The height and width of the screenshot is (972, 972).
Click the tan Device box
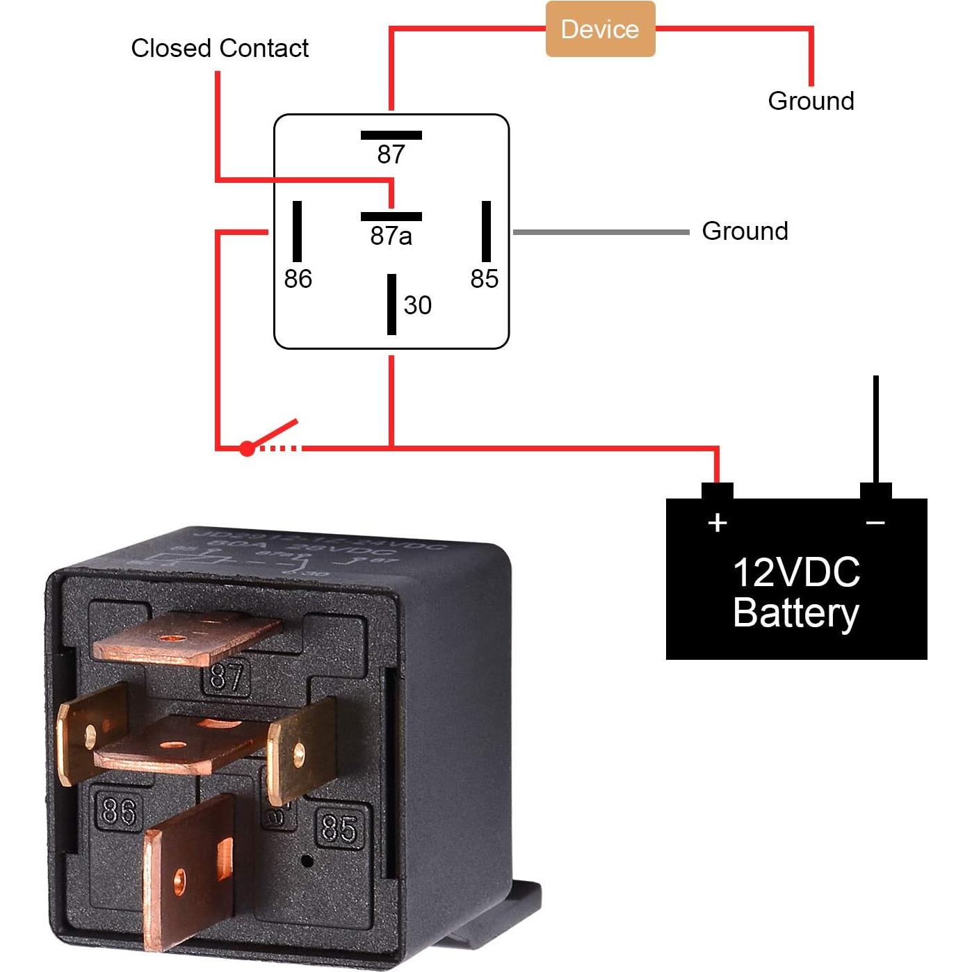(x=600, y=29)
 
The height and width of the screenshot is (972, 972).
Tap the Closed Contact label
(x=220, y=48)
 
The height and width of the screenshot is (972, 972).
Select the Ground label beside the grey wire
(x=745, y=231)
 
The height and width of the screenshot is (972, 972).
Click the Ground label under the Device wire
(x=811, y=101)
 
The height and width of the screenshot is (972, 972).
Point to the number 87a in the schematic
(x=391, y=236)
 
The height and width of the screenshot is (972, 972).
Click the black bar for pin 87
(x=391, y=135)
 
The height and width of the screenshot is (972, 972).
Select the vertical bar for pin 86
(x=297, y=231)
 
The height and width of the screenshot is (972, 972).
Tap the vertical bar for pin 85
(x=486, y=231)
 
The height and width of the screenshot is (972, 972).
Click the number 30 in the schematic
(x=417, y=305)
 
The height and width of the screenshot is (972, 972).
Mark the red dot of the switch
(x=247, y=448)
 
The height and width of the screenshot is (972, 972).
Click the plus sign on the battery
(x=718, y=522)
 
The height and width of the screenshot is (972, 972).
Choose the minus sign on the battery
(x=875, y=522)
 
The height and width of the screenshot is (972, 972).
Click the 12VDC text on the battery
(x=796, y=572)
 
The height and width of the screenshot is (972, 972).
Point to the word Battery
(x=796, y=613)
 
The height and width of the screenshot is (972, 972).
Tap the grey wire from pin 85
(x=601, y=232)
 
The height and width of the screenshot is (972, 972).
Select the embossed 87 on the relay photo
(x=227, y=676)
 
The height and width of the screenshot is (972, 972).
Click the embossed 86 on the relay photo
(x=119, y=811)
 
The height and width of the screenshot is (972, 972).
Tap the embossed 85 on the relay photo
(x=339, y=827)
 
